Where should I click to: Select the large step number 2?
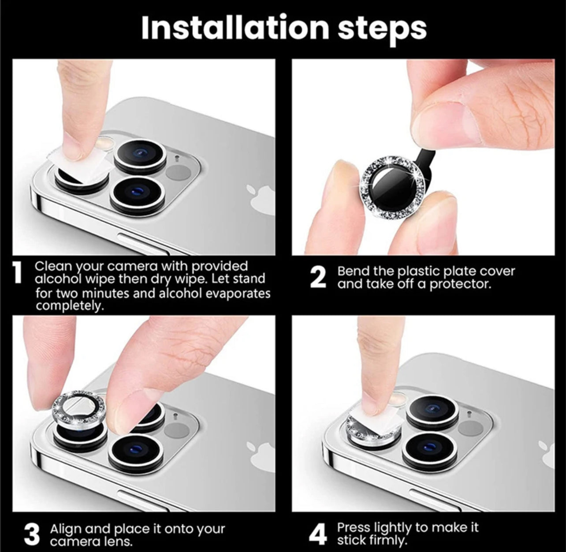[318, 278]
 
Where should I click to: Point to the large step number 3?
[32, 534]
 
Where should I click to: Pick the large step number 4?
[318, 534]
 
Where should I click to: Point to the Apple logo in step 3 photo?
[262, 455]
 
